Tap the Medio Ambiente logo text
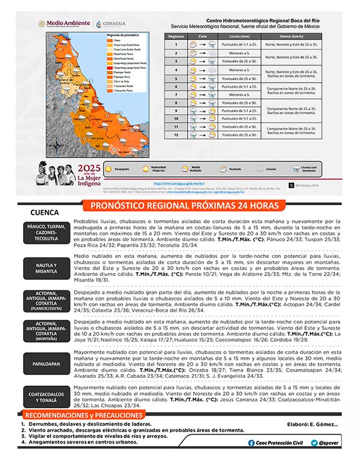[68, 24]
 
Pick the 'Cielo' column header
[202, 36]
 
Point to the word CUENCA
[46, 213]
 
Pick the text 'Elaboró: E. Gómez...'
[314, 425]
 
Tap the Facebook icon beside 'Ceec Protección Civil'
[251, 443]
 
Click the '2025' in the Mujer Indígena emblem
[89, 168]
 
